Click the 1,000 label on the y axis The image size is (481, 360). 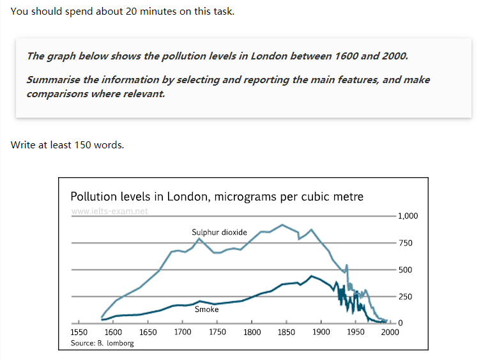pyautogui.click(x=408, y=215)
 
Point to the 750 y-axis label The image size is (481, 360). pyautogui.click(x=405, y=243)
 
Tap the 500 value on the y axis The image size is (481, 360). pyautogui.click(x=405, y=270)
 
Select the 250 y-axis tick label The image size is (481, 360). pyautogui.click(x=405, y=297)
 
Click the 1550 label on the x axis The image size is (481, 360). pyautogui.click(x=79, y=333)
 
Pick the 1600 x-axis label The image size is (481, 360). pyautogui.click(x=113, y=333)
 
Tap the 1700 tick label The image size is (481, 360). pyautogui.click(x=183, y=333)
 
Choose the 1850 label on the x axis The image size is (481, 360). pyautogui.click(x=286, y=333)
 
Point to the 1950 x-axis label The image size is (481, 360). pyautogui.click(x=356, y=333)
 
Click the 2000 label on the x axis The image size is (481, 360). pyautogui.click(x=390, y=333)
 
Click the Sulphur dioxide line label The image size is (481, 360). pyautogui.click(x=219, y=232)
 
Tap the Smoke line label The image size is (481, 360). pyautogui.click(x=206, y=309)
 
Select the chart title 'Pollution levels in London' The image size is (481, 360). pyautogui.click(x=217, y=196)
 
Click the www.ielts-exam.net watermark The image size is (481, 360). pyautogui.click(x=110, y=212)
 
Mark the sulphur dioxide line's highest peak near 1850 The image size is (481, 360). pyautogui.click(x=282, y=224)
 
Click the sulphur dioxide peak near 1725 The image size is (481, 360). pyautogui.click(x=199, y=239)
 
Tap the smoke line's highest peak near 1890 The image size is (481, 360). pyautogui.click(x=310, y=276)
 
